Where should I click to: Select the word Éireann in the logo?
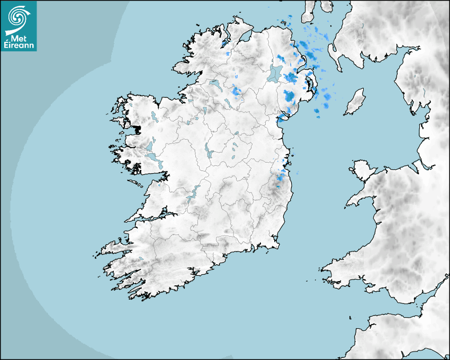coord(19,46)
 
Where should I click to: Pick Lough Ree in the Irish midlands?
coord(208,151)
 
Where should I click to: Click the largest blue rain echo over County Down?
coord(289,96)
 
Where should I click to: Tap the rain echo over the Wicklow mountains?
coord(278,180)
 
